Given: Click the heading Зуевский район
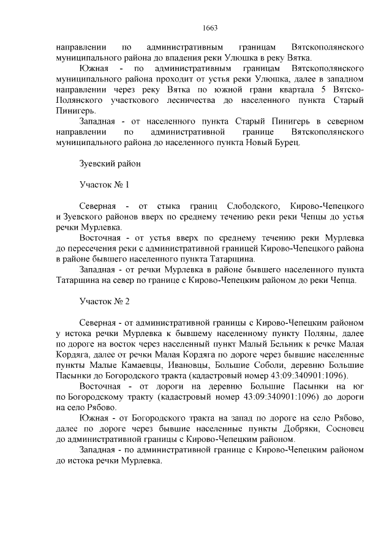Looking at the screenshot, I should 110,163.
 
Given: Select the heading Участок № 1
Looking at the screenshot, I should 104,184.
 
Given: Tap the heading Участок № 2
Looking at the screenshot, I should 104,302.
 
